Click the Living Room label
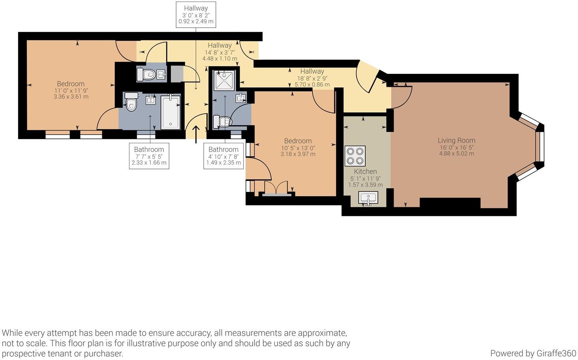456,141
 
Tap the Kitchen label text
365,171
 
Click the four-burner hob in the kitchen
355,156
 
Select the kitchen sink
368,198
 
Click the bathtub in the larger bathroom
171,112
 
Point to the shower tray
224,80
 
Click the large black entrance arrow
196,134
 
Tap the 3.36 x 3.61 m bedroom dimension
71,97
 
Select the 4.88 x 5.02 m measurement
456,154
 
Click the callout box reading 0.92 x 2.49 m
196,15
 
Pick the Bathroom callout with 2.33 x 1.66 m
149,156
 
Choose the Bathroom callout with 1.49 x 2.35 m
223,156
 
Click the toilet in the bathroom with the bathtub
131,102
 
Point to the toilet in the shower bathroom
222,122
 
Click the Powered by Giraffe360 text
533,353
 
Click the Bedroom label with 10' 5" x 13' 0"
298,141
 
